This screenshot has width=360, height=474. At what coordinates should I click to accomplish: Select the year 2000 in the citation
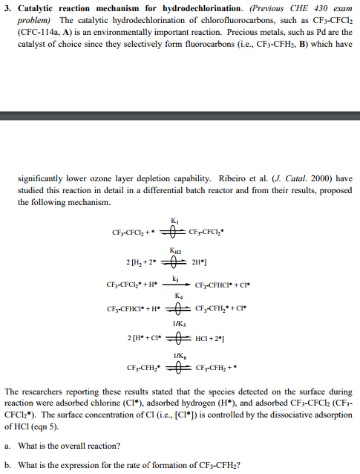pyautogui.click(x=316, y=178)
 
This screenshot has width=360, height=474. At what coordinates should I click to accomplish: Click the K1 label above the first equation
pyautogui.click(x=174, y=221)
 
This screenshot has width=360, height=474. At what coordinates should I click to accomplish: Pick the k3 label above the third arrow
pyautogui.click(x=175, y=278)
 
